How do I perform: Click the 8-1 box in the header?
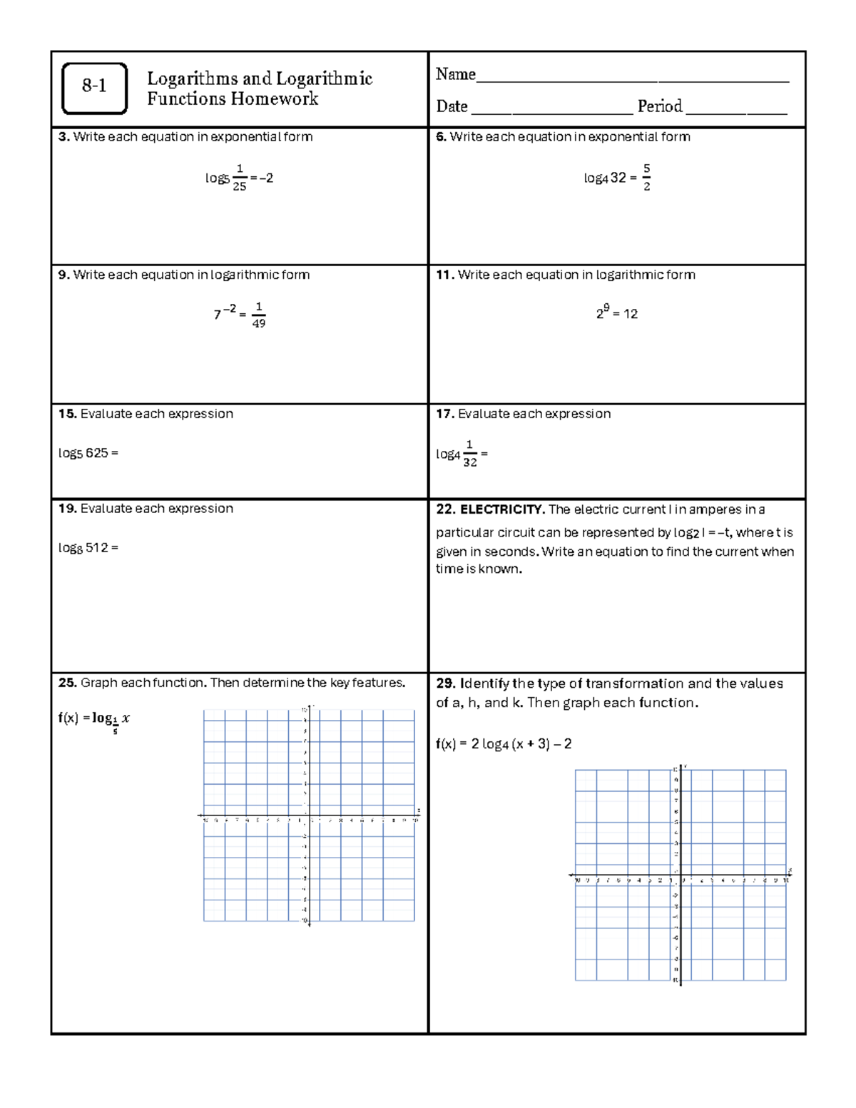point(94,88)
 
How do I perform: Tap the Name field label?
point(455,74)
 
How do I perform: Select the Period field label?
point(659,106)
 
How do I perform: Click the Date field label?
point(452,106)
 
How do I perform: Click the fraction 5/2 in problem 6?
point(646,178)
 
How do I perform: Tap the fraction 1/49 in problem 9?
point(259,315)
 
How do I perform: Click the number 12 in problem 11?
point(631,314)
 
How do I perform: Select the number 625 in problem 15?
point(96,453)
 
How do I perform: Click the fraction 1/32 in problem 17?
point(469,454)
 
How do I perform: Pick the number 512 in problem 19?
point(96,548)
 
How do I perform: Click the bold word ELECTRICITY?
point(502,509)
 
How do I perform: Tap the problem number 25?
point(67,683)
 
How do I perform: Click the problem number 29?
point(445,683)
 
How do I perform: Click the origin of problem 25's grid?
point(309,815)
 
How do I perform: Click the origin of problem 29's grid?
point(681,875)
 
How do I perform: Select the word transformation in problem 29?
point(634,683)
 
